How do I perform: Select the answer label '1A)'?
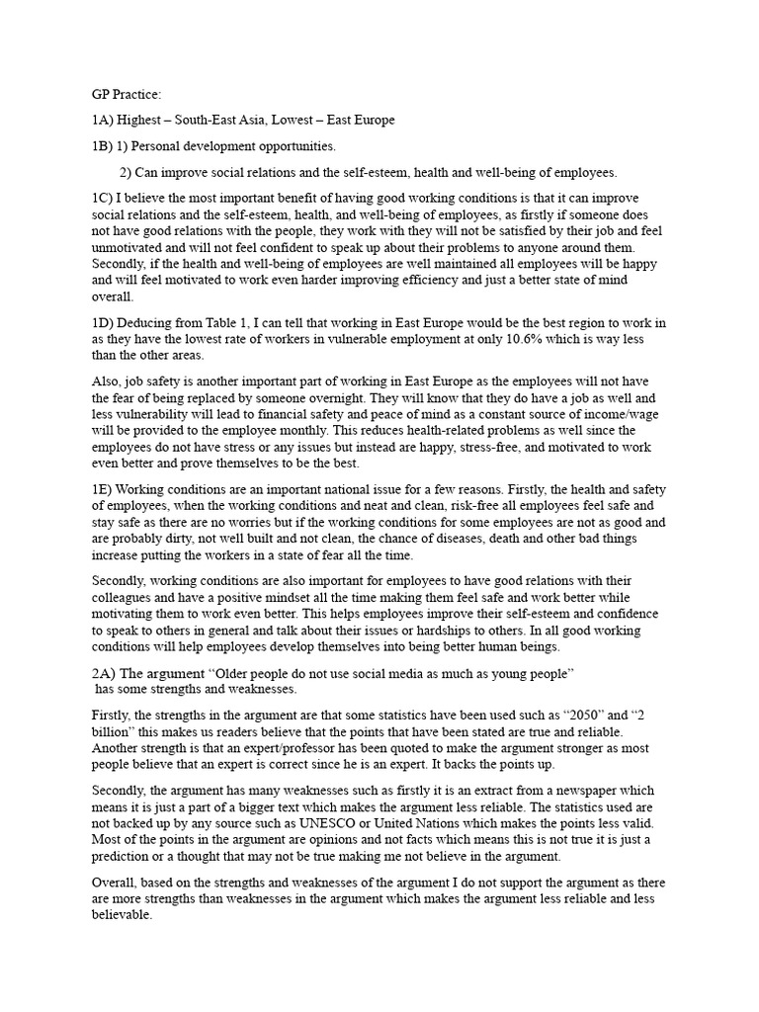click(x=104, y=121)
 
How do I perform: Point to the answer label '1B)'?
click(x=104, y=146)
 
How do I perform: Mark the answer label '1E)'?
click(x=104, y=491)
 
